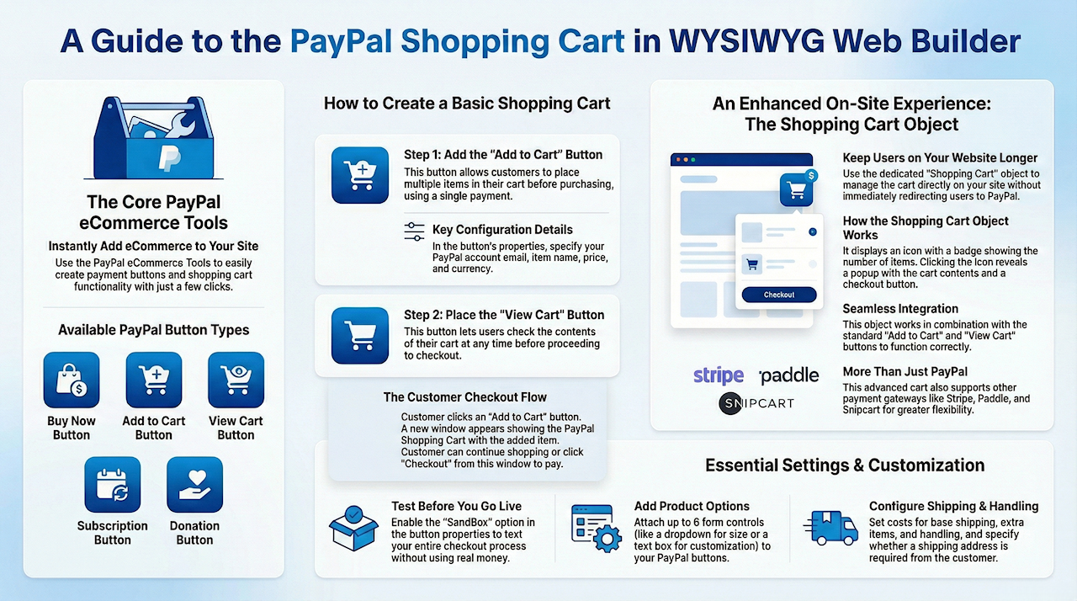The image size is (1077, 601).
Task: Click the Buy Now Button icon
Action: click(x=72, y=380)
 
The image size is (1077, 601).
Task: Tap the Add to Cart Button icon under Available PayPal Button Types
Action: click(x=154, y=380)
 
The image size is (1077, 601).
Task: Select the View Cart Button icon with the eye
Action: click(x=236, y=380)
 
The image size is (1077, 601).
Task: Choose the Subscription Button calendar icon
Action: click(x=113, y=485)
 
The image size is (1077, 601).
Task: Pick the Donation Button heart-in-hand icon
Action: click(x=194, y=485)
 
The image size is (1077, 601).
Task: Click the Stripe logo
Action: click(x=719, y=375)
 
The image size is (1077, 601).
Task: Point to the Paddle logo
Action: click(x=789, y=375)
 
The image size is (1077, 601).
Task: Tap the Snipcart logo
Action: click(x=756, y=403)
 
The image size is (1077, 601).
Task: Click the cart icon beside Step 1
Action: click(x=360, y=175)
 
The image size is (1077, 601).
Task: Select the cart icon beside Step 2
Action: click(x=360, y=336)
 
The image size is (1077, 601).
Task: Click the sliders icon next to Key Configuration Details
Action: click(x=415, y=231)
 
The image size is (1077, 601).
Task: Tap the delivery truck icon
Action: click(x=830, y=528)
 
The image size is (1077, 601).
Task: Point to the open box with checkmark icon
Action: click(x=353, y=528)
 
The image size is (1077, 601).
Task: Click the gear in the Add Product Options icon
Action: click(x=607, y=539)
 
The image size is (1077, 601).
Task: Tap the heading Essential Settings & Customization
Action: click(x=845, y=465)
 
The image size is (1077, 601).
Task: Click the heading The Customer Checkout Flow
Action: click(x=465, y=397)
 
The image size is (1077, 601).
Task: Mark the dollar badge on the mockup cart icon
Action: click(x=811, y=175)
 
